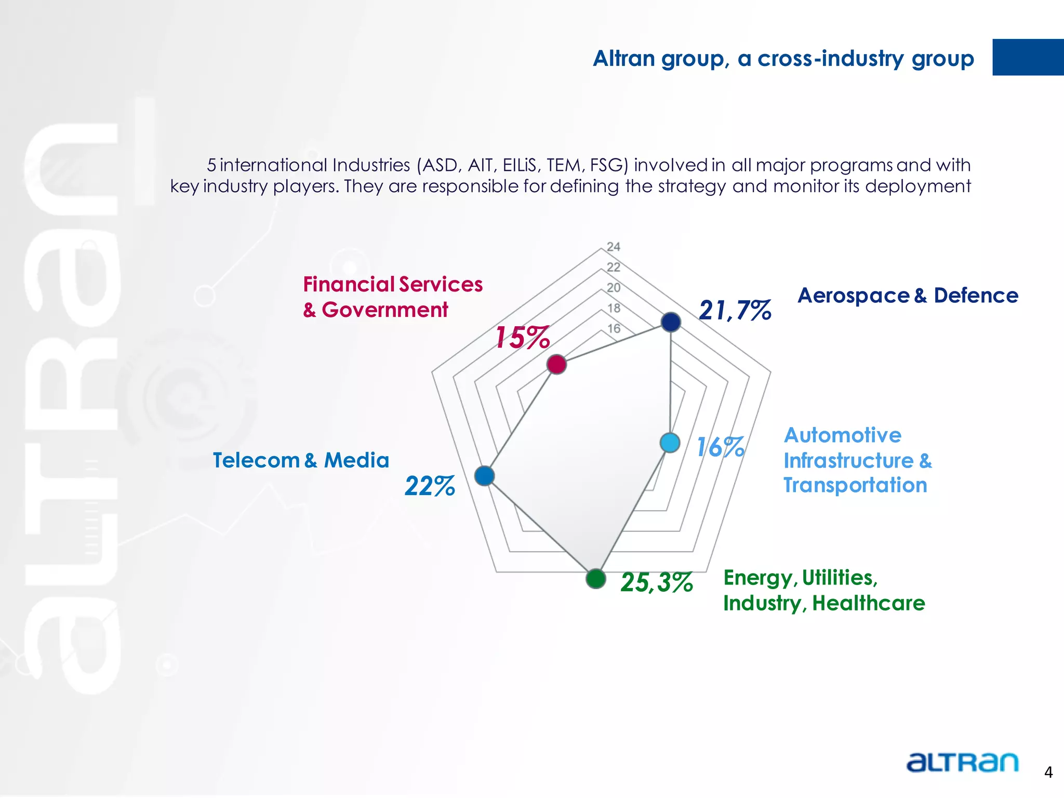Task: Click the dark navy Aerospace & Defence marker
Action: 671,322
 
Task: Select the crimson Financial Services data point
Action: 556,364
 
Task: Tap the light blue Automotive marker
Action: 670,443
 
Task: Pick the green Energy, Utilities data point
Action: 595,578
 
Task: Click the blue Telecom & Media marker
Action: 484,475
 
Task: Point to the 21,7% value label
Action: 735,311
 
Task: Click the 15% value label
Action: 522,338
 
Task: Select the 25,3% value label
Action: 657,582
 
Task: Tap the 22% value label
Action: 430,487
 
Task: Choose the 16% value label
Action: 720,447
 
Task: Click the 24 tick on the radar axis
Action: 614,247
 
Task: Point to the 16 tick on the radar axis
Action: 614,328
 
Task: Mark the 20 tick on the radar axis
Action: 614,288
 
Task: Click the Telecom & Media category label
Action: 301,460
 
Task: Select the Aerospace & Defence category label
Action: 908,296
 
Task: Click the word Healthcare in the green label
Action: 868,603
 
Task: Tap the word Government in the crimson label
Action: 384,310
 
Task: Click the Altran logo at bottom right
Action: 962,762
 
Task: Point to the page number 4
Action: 1048,773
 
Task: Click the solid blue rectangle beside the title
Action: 1028,57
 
